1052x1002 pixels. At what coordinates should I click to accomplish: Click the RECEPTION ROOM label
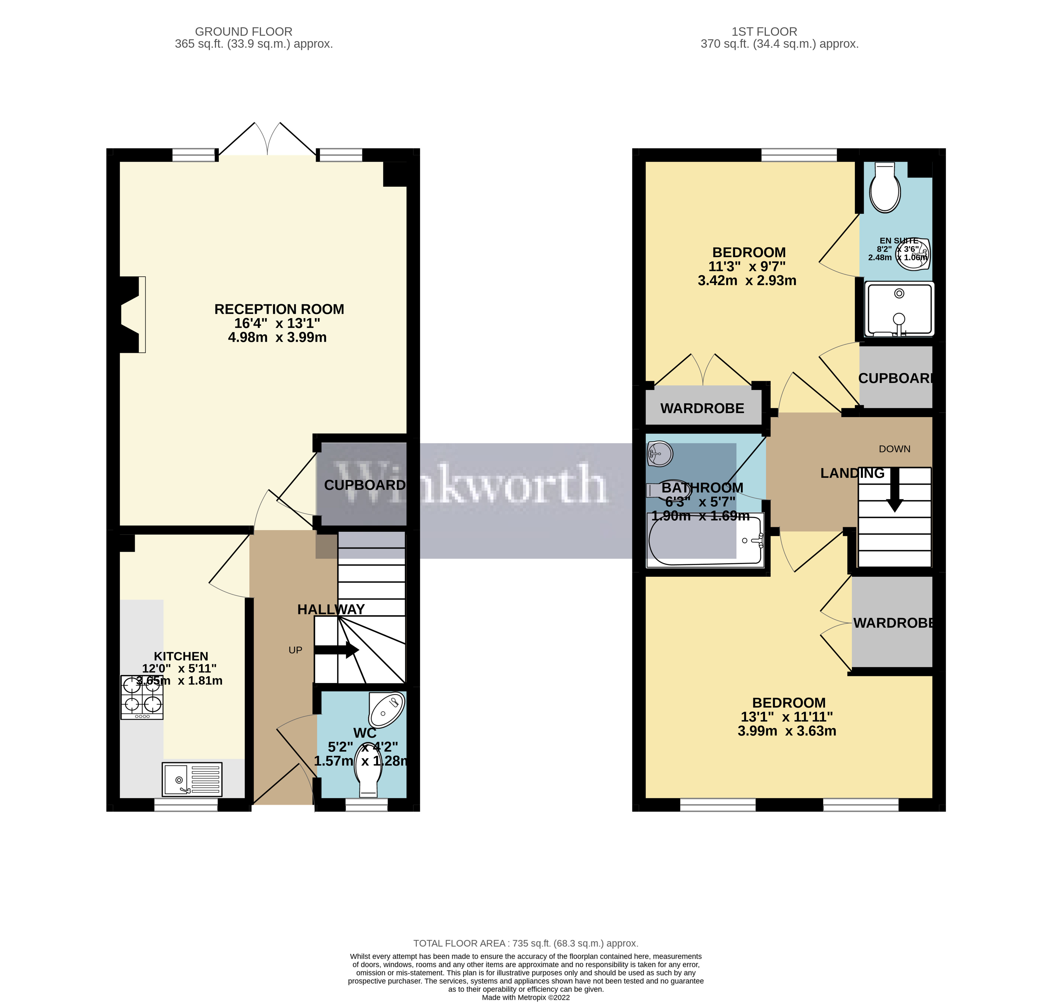pyautogui.click(x=279, y=309)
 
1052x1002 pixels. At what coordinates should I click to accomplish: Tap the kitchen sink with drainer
pyautogui.click(x=192, y=779)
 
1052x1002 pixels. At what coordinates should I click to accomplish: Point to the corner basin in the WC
pyautogui.click(x=388, y=708)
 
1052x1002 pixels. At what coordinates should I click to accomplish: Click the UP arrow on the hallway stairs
pyautogui.click(x=337, y=650)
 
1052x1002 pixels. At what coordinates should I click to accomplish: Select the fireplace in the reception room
pyautogui.click(x=132, y=314)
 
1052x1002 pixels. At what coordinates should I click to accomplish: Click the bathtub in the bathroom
pyautogui.click(x=705, y=540)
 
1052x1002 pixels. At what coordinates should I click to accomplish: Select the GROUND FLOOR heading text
pyautogui.click(x=244, y=32)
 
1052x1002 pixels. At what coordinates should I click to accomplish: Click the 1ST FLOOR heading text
pyautogui.click(x=764, y=32)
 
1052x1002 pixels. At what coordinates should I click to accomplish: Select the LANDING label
pyautogui.click(x=852, y=473)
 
